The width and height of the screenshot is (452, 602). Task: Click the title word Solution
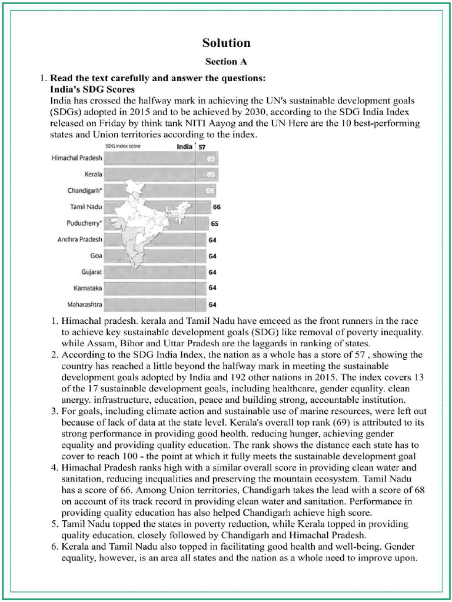(226, 43)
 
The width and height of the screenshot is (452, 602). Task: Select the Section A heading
(226, 61)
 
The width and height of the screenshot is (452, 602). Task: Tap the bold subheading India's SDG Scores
(92, 89)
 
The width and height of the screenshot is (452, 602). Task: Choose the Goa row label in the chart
(96, 256)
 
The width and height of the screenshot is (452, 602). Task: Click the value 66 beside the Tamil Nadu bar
(217, 207)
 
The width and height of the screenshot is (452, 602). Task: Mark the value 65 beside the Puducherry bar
(214, 223)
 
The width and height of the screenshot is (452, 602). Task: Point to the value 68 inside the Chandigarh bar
(210, 191)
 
